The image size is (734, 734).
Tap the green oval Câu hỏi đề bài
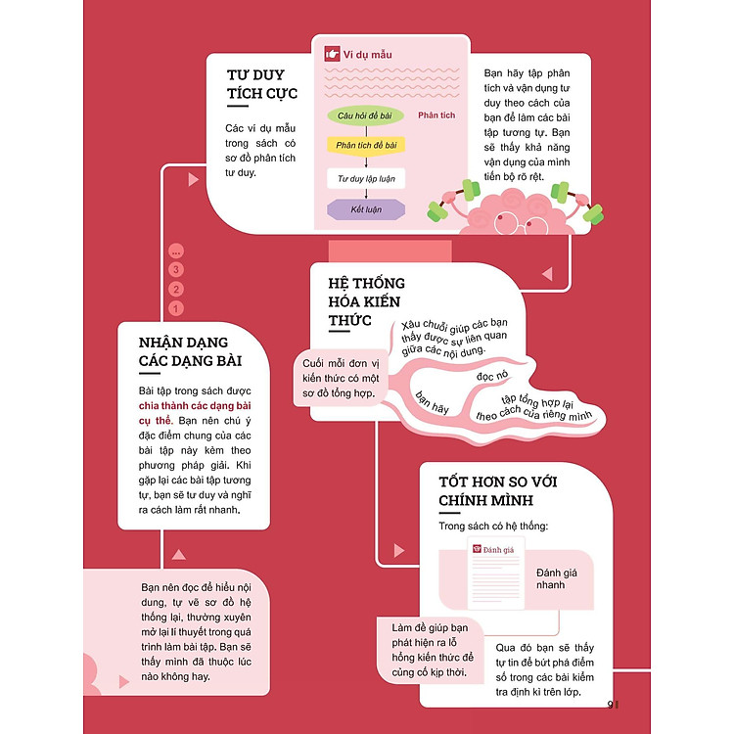[x=364, y=115]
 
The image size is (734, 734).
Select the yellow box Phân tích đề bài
[x=364, y=146]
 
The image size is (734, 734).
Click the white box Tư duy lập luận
[x=365, y=179]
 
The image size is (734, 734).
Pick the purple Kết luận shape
[x=364, y=209]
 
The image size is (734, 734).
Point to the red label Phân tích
[x=436, y=115]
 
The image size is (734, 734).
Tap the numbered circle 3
[x=176, y=269]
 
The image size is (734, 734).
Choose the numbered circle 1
[x=176, y=308]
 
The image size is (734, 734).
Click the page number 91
[x=615, y=705]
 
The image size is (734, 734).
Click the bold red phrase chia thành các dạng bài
[x=197, y=406]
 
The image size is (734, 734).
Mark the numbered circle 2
[x=176, y=289]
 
